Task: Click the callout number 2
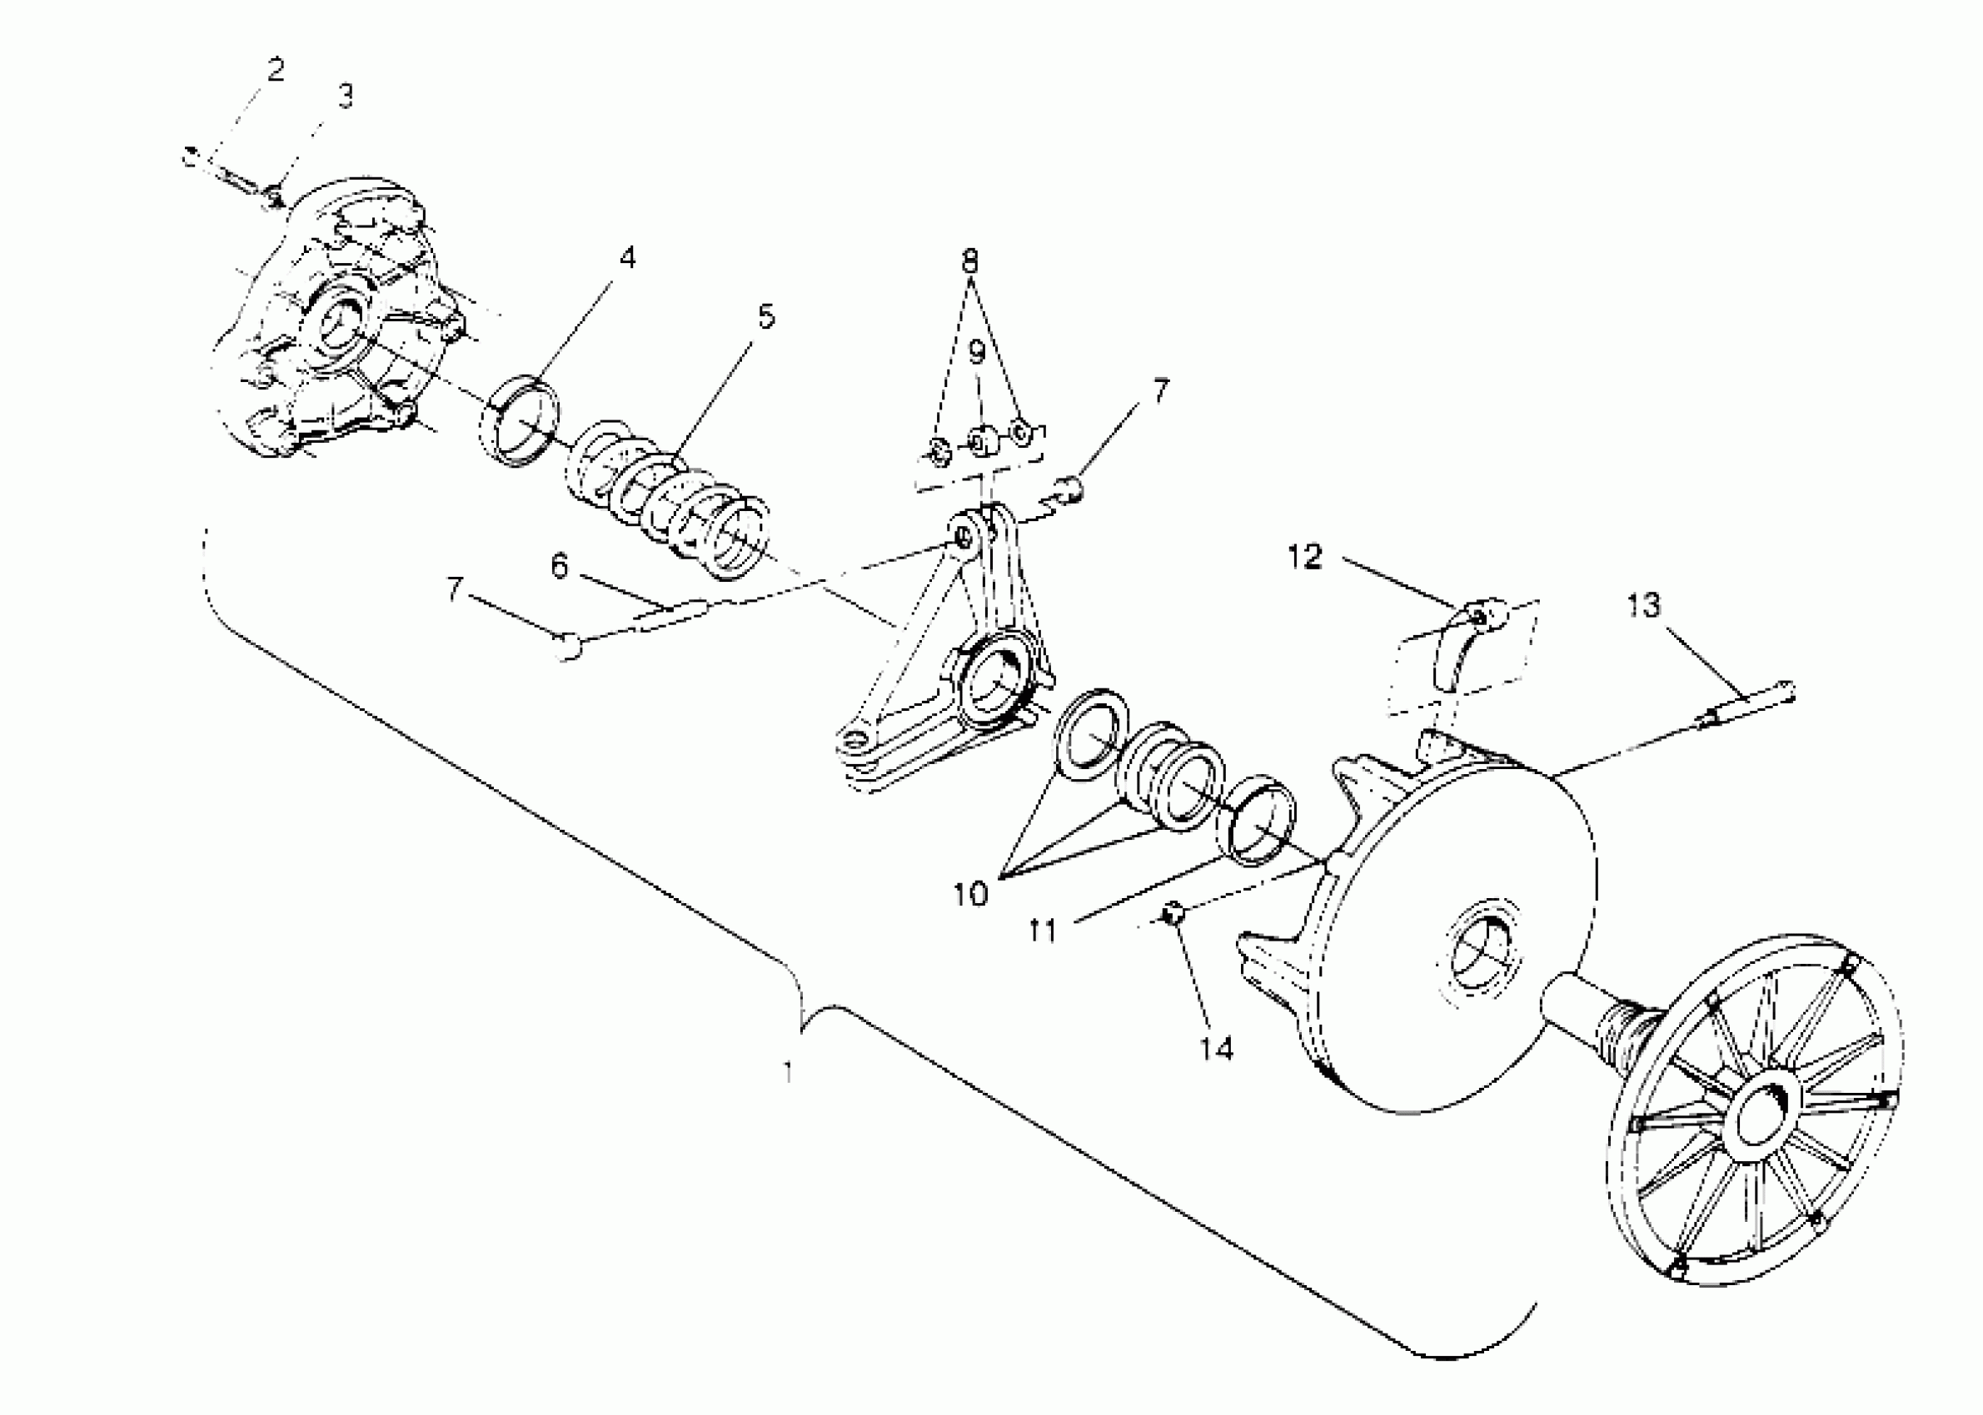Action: [276, 70]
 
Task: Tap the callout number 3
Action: [345, 97]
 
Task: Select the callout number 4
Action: [627, 258]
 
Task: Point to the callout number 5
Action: [765, 317]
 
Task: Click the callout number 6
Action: [559, 566]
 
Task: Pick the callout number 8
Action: [969, 261]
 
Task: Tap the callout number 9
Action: [976, 352]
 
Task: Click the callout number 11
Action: [1043, 931]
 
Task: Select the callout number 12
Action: [1305, 557]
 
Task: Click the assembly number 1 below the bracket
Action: [788, 1072]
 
